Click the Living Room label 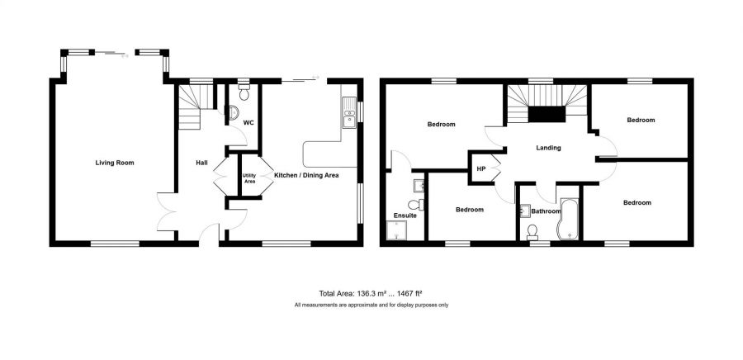click(114, 163)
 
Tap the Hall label click(201, 163)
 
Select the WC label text click(248, 122)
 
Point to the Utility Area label click(249, 178)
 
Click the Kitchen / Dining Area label click(306, 175)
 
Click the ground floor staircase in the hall click(190, 111)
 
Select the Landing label click(548, 149)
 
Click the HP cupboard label click(480, 169)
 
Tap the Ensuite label click(405, 216)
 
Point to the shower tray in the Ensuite click(400, 234)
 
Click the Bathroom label click(545, 211)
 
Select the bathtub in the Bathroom click(570, 219)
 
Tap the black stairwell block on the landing click(546, 115)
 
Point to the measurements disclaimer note click(371, 306)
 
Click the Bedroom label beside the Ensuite click(470, 210)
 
